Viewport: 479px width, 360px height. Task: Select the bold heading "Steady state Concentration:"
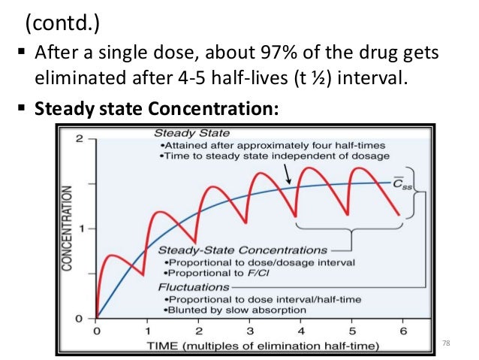click(x=156, y=110)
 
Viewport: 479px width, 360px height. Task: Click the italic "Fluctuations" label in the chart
click(x=188, y=286)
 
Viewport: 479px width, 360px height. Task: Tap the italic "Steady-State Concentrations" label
click(x=243, y=250)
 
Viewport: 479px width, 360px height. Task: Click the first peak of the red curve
click(x=110, y=256)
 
